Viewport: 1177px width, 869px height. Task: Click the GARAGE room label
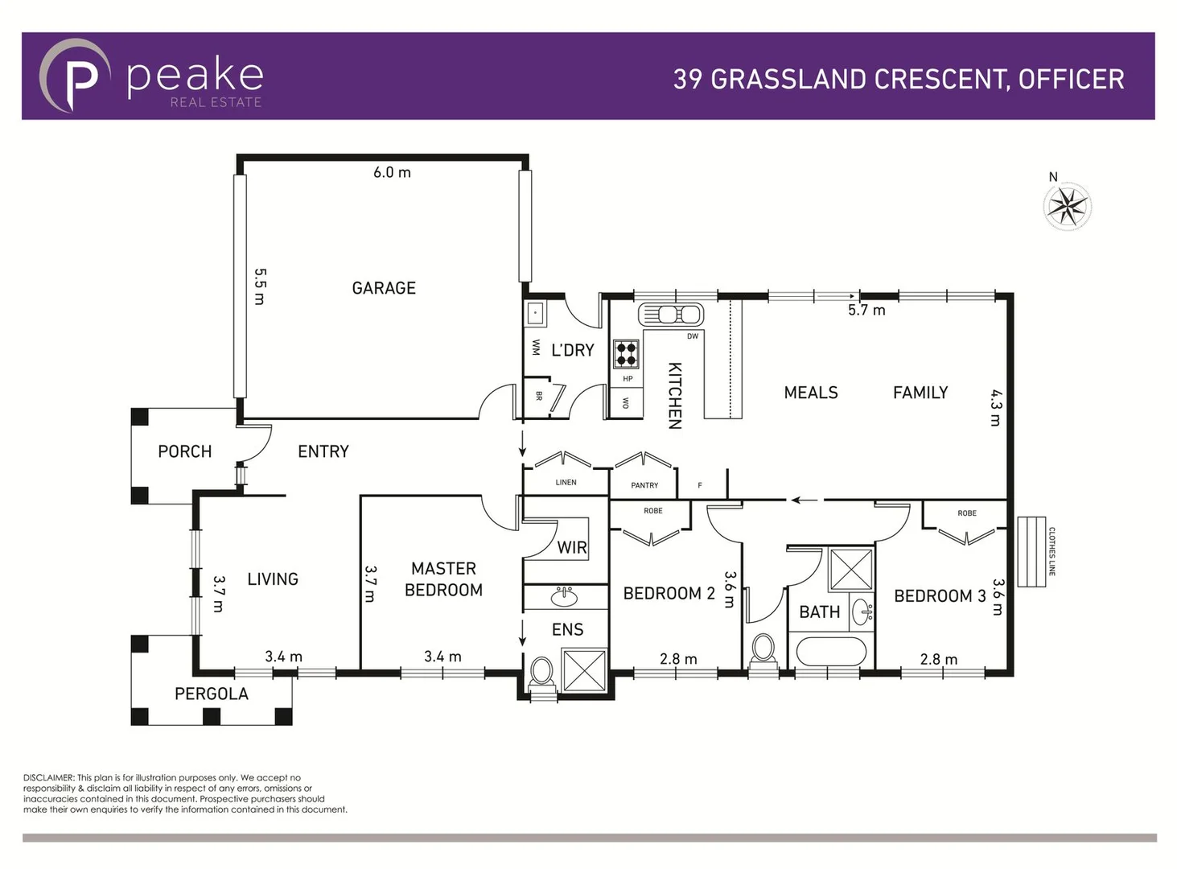384,288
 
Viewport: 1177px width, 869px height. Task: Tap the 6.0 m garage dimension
392,172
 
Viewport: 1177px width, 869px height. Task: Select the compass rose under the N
1067,206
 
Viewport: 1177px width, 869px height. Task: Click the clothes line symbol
1031,551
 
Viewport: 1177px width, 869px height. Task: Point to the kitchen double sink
670,314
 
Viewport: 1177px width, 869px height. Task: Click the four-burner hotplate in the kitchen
627,353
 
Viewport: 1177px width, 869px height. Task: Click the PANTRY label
644,485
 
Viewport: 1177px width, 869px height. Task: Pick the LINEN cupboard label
566,483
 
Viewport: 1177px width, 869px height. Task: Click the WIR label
572,548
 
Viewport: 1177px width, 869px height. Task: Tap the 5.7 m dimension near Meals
866,311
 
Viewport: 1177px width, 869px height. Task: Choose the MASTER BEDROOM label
443,579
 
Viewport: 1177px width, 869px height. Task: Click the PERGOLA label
212,694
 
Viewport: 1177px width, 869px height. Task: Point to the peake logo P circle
75,76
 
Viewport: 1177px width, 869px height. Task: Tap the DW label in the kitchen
693,336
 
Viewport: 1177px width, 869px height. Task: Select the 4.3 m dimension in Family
995,407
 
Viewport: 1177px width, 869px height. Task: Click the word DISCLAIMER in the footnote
48,778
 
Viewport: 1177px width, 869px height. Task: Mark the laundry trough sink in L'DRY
536,313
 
